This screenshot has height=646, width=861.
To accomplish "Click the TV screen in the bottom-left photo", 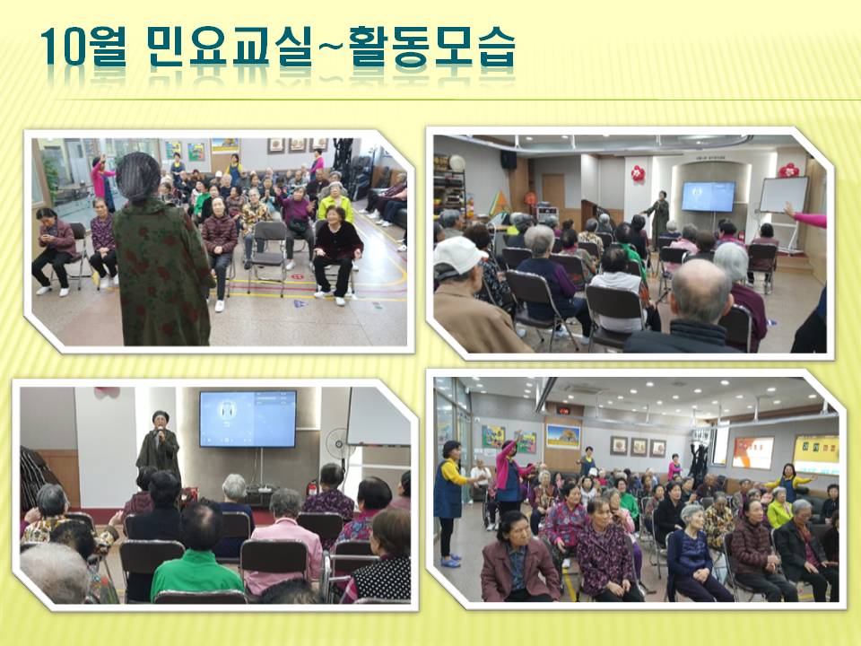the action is (248, 419).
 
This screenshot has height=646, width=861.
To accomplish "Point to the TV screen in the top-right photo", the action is (708, 196).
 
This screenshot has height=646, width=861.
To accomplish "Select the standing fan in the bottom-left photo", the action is (336, 446).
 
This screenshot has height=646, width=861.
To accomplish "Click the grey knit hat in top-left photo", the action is (138, 177).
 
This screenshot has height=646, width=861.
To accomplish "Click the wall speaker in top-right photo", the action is (508, 160).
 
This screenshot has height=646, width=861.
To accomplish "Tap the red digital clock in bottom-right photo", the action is (563, 409).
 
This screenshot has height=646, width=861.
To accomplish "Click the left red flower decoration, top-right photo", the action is (638, 173).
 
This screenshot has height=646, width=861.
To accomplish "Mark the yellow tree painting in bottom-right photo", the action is (563, 437).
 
